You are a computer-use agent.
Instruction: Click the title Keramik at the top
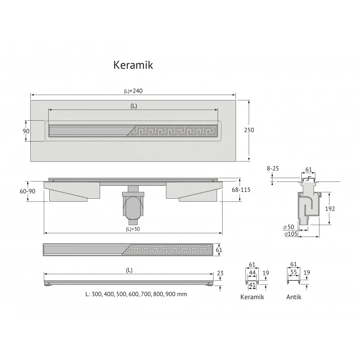coord(133,65)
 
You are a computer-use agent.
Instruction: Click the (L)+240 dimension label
coord(133,91)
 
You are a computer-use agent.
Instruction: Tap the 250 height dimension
coord(249,130)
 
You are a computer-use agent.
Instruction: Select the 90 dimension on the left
coord(26,131)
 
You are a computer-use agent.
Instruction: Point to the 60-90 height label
coord(28,191)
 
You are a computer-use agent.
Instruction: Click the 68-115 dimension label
coord(241,190)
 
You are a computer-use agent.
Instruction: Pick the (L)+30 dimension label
coord(133,229)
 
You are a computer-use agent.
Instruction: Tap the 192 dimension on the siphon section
coord(330,209)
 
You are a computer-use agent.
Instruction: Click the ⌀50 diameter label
coord(289,227)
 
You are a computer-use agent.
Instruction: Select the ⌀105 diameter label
coord(291,234)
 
